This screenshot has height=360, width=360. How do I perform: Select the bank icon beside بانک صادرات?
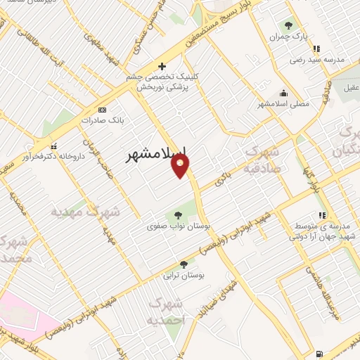[103, 110]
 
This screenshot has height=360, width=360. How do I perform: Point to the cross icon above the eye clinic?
[162, 66]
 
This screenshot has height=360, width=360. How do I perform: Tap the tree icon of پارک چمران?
[289, 25]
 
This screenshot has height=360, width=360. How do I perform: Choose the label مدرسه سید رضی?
[317, 60]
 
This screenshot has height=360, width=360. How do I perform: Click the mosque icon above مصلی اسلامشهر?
[283, 93]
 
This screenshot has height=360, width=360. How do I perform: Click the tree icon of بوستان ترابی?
[184, 264]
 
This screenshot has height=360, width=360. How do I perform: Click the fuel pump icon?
[320, 353]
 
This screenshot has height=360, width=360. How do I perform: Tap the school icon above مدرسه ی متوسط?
[321, 215]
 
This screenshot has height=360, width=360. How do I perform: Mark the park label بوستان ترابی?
[184, 275]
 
